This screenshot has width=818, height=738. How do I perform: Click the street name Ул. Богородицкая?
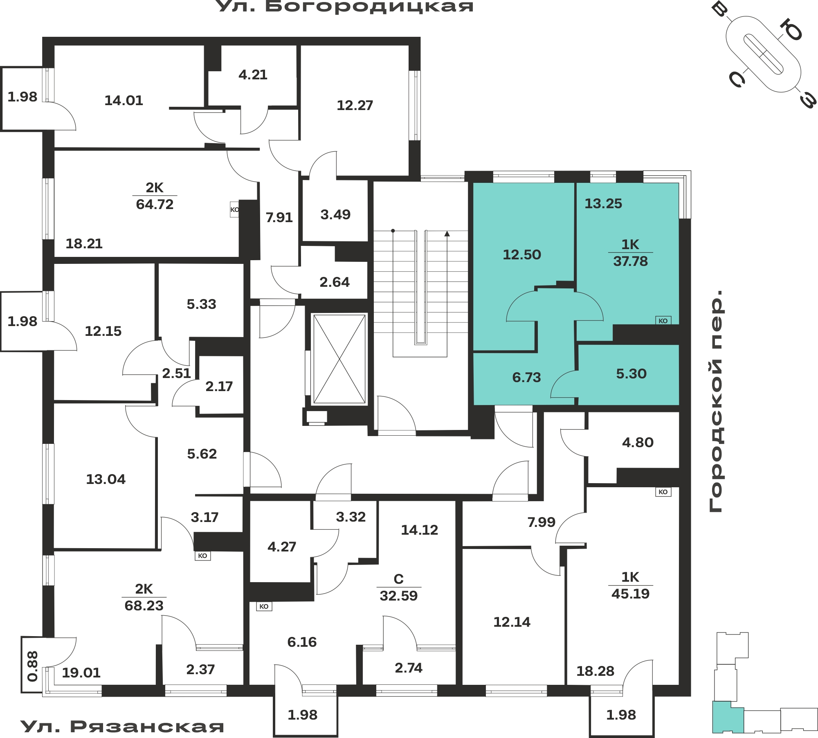coord(345,7)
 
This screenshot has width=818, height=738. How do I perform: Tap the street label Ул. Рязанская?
coord(122,727)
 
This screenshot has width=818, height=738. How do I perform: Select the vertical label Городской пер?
coord(716,401)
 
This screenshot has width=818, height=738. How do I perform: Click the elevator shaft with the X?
coord(339,359)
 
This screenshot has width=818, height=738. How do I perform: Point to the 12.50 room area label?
coord(522,255)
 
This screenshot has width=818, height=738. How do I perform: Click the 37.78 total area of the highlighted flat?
coord(630,261)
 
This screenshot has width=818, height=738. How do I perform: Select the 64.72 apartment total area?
coord(155,204)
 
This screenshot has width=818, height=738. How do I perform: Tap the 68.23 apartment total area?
coord(144,605)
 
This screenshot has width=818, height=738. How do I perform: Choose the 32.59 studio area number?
coord(399,596)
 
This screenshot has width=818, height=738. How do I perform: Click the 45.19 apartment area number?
coord(630,594)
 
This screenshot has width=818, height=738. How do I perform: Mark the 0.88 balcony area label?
coord(33,666)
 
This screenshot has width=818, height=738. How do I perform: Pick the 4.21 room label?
coord(253,75)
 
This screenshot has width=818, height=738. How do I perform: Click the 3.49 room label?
coord(335,215)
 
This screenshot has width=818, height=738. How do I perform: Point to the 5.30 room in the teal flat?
coord(631,373)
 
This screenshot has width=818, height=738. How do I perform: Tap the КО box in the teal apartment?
coord(663,321)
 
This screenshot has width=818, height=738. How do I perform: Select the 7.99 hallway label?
coord(541,522)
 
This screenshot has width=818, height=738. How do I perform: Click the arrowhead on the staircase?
coord(447,234)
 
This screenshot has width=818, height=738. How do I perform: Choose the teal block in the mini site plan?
coord(728,717)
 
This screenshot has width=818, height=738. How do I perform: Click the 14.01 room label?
coord(124,101)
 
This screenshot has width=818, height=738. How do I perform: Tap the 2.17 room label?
coord(219,387)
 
